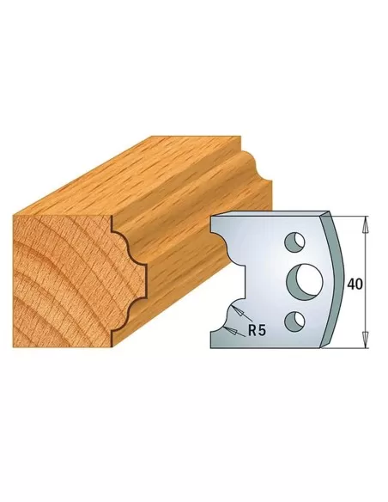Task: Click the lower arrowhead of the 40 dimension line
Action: coord(367,343)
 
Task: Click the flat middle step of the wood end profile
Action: coord(142,275)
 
